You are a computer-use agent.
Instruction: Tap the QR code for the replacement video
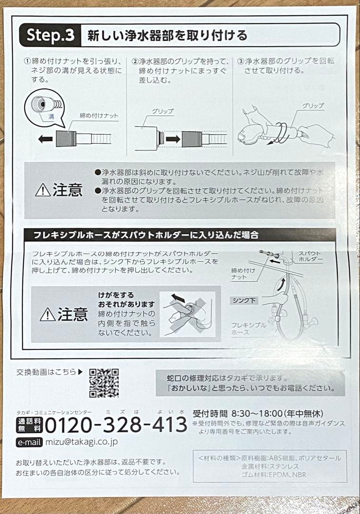pyautogui.click(x=104, y=383)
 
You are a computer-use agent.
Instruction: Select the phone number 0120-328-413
pyautogui.click(x=116, y=425)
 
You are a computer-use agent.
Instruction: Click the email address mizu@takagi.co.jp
pyautogui.click(x=81, y=441)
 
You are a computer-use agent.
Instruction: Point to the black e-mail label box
pyautogui.click(x=30, y=442)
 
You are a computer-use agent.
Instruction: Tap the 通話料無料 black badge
pyautogui.click(x=30, y=424)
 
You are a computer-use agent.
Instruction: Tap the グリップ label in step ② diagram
pyautogui.click(x=163, y=111)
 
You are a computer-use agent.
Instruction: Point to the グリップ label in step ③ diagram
pyautogui.click(x=312, y=106)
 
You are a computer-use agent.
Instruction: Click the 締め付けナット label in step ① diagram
pyautogui.click(x=99, y=116)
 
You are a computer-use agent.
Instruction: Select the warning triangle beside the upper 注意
pyautogui.click(x=43, y=190)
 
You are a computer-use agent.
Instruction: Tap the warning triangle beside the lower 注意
pyautogui.click(x=48, y=315)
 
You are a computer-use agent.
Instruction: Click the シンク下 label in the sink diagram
pyautogui.click(x=245, y=300)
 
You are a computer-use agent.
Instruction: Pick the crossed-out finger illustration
pyautogui.click(x=187, y=314)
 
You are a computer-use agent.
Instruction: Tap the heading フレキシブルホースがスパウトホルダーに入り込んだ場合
pyautogui.click(x=146, y=235)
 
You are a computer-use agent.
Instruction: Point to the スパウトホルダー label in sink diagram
pyautogui.click(x=310, y=257)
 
